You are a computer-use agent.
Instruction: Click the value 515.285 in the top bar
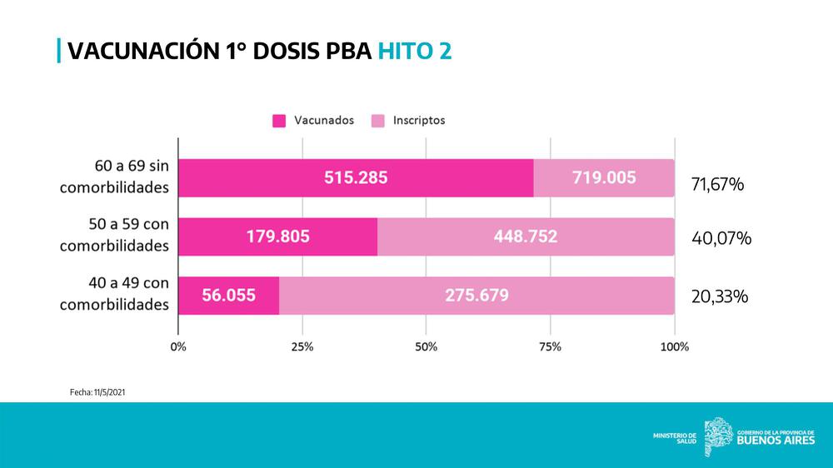point(356,177)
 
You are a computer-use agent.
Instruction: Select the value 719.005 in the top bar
point(604,177)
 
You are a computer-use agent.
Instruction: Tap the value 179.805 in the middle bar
point(277,236)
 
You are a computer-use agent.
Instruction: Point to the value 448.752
point(526,236)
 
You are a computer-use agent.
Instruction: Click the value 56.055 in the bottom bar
point(228,295)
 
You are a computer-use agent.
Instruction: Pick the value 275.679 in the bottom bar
point(477,295)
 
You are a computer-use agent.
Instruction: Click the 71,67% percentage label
point(717,184)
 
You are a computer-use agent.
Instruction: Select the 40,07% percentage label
point(721,238)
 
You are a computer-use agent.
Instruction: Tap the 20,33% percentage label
point(720,296)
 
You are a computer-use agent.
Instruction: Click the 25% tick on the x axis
point(302,346)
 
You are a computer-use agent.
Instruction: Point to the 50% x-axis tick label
point(426,346)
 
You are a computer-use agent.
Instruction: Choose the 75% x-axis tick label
point(550,346)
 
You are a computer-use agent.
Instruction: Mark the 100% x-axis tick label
point(674,346)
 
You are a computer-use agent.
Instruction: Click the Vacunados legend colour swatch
point(280,121)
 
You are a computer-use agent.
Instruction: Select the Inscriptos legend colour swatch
point(378,121)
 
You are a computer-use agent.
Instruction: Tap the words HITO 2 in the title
point(415,51)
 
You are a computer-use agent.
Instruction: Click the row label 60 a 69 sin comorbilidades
point(114,177)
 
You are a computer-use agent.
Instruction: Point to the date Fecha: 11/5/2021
point(97,391)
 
